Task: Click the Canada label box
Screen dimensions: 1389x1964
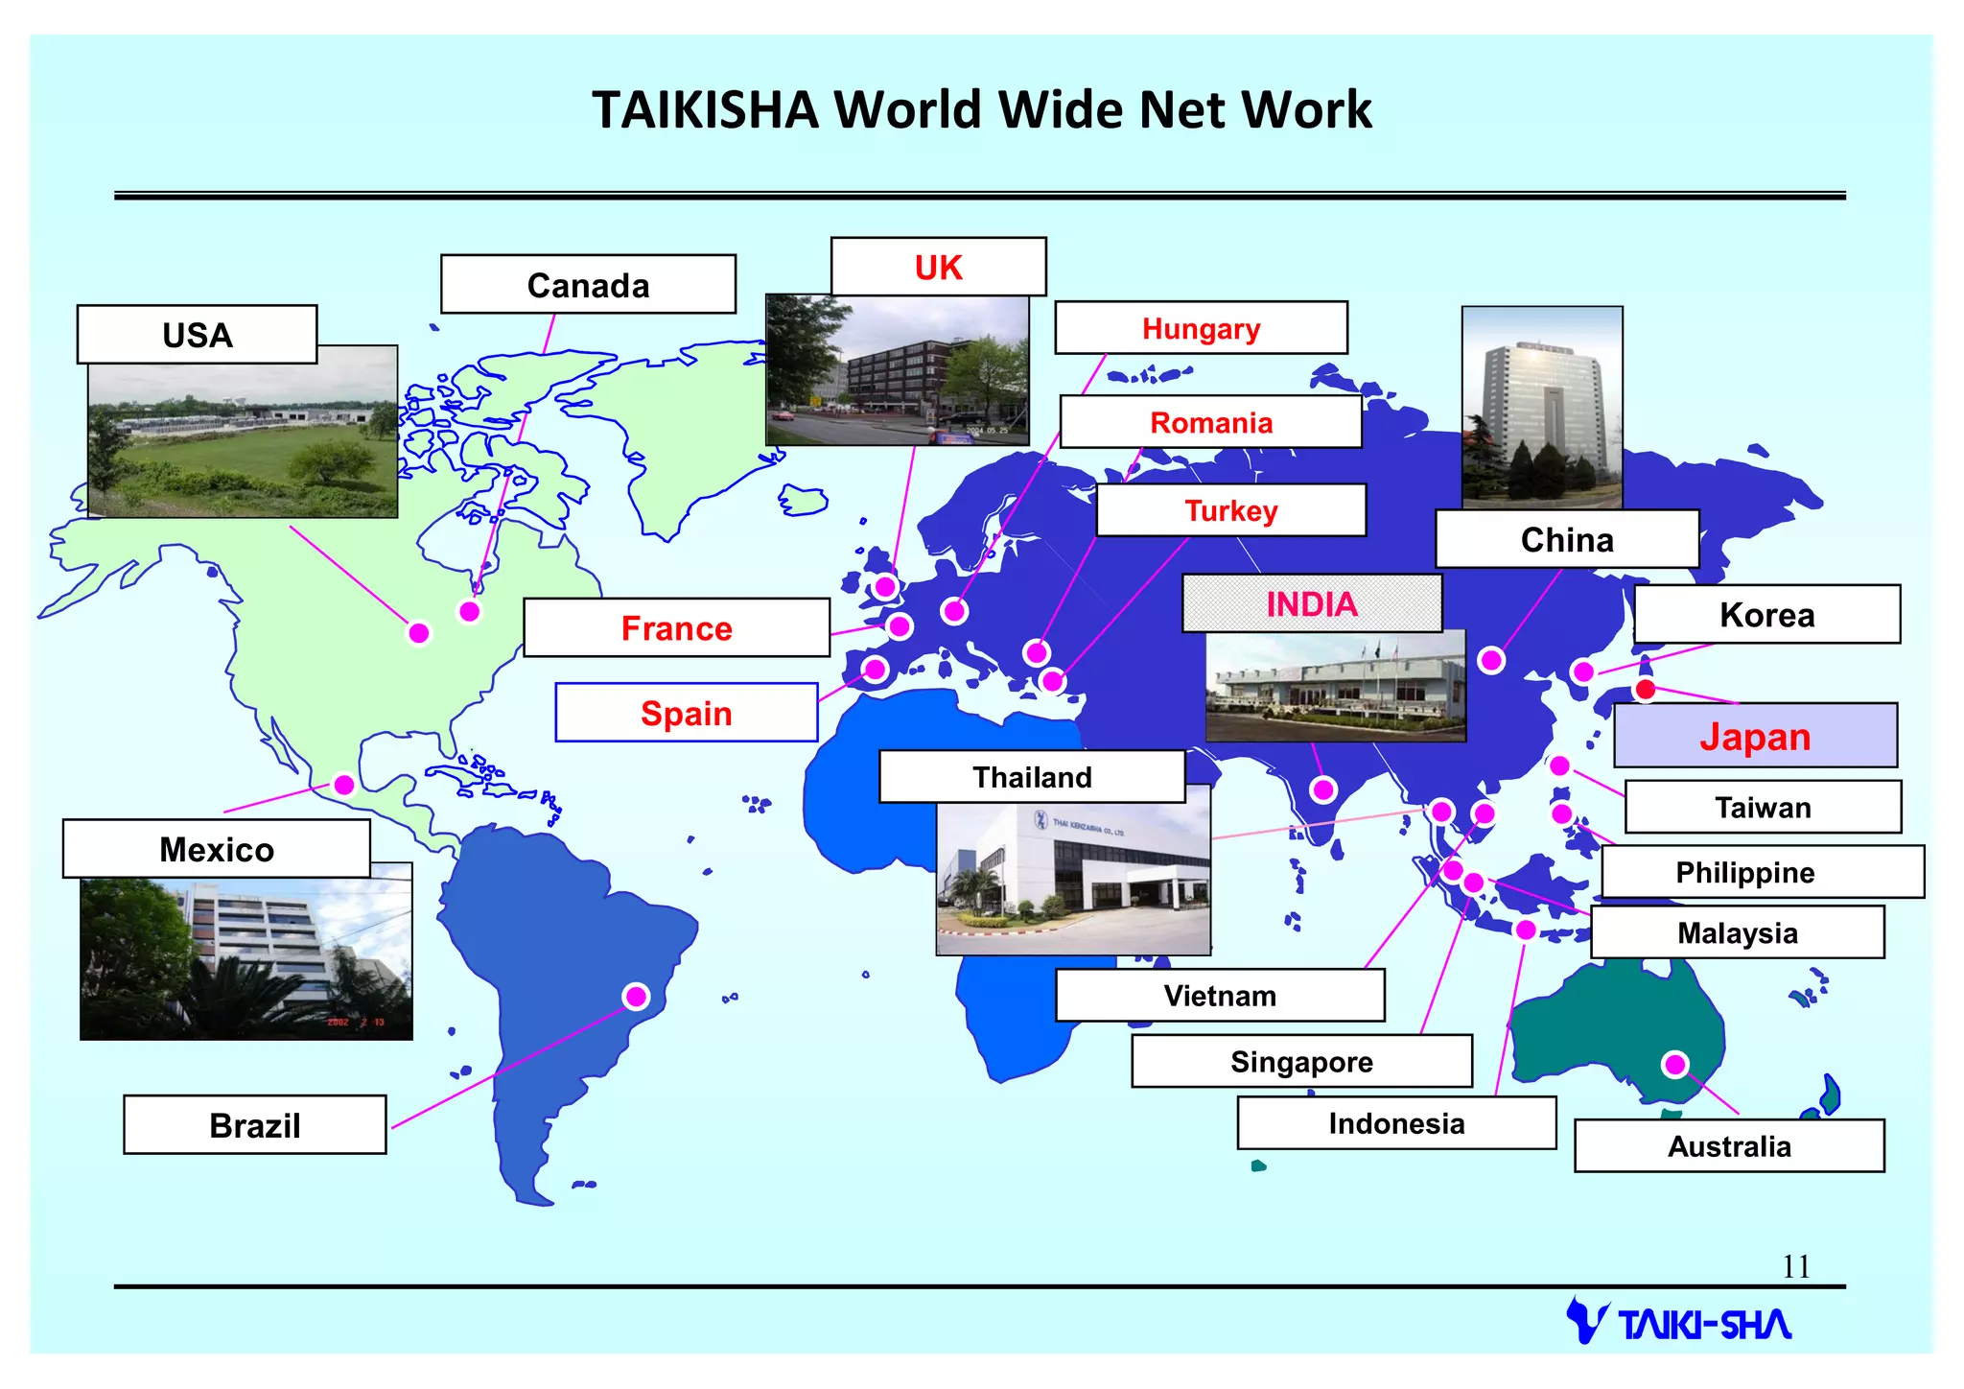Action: pyautogui.click(x=588, y=285)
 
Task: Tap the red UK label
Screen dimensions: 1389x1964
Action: pyautogui.click(x=938, y=268)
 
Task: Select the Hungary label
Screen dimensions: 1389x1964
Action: pyautogui.click(x=1201, y=329)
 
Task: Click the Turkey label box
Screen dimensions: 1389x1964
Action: pyautogui.click(x=1230, y=510)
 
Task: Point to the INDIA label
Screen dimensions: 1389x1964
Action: pyautogui.click(x=1311, y=604)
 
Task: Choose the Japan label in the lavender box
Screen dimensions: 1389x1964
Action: pyautogui.click(x=1755, y=737)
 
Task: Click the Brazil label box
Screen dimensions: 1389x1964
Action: pyautogui.click(x=255, y=1125)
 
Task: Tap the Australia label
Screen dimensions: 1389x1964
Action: pyautogui.click(x=1729, y=1146)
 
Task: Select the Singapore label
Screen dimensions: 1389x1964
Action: pyautogui.click(x=1301, y=1062)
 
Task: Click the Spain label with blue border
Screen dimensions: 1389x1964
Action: pyautogui.click(x=687, y=714)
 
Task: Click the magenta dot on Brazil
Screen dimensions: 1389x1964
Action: pyautogui.click(x=636, y=997)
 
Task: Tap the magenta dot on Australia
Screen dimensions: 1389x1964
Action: pyautogui.click(x=1675, y=1064)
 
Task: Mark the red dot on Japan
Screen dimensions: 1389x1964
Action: pyautogui.click(x=1646, y=689)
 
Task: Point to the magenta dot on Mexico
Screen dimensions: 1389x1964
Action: pyautogui.click(x=344, y=785)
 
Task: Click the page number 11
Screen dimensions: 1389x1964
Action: pyautogui.click(x=1796, y=1267)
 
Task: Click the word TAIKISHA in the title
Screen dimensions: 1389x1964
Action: pyautogui.click(x=705, y=109)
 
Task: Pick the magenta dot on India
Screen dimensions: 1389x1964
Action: pyautogui.click(x=1323, y=789)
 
